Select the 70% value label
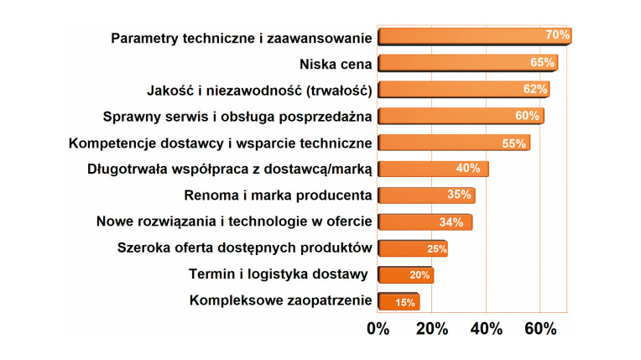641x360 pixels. pos(557,35)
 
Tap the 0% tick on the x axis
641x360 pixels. pos(378,329)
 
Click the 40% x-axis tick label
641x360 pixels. pos(487,329)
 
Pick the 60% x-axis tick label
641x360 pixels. pos(539,329)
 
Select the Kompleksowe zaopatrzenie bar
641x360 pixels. pos(398,302)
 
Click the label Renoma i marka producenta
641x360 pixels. pos(278,196)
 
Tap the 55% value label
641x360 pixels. pos(513,143)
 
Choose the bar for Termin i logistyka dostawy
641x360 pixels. pos(404,275)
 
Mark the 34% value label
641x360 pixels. pos(451,222)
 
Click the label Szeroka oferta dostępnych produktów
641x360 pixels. pos(244,248)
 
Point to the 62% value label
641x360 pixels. pos(534,89)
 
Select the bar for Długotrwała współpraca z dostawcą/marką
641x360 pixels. pos(431,170)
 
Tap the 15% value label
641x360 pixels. pos(405,302)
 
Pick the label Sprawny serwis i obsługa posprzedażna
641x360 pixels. pos(237,116)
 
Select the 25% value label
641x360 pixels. pos(436,249)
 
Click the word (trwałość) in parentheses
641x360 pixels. pos(331,90)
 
